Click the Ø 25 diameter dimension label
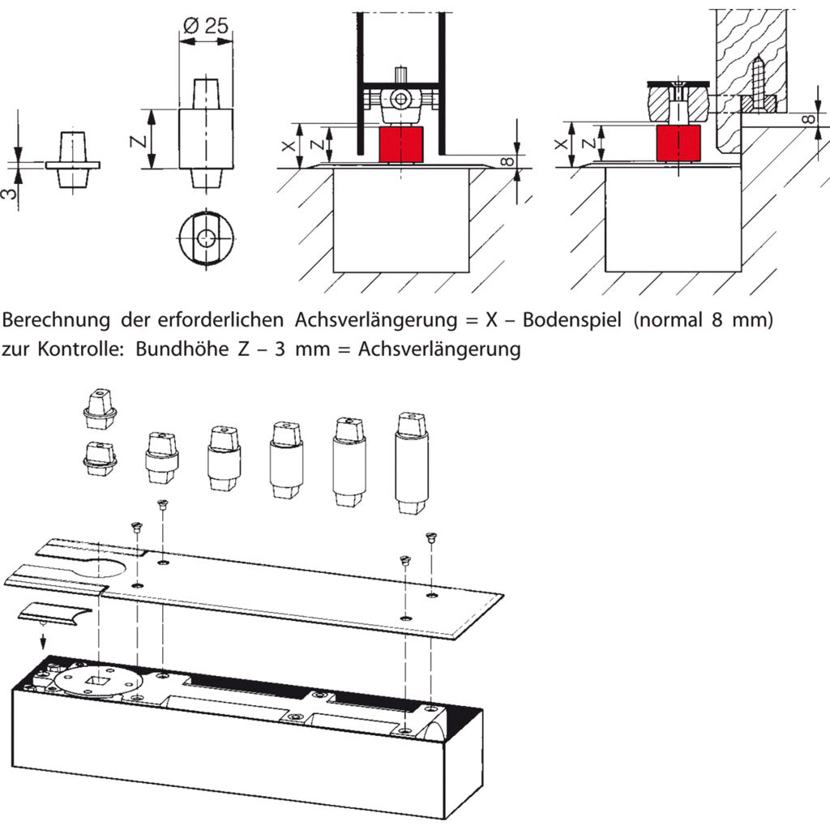click(205, 25)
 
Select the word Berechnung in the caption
click(57, 320)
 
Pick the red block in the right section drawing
click(678, 143)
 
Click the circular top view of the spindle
click(206, 238)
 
